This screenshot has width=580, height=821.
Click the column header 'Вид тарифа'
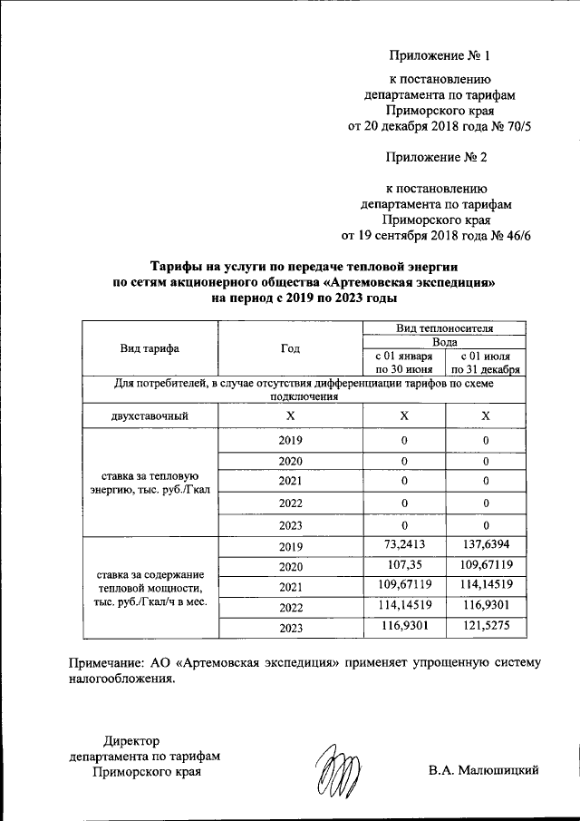pyautogui.click(x=150, y=348)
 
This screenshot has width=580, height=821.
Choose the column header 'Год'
pyautogui.click(x=290, y=348)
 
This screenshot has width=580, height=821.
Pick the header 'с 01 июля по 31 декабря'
pyautogui.click(x=486, y=363)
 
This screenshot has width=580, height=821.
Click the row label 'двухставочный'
pyautogui.click(x=150, y=415)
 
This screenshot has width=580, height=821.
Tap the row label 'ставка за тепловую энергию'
pyautogui.click(x=150, y=484)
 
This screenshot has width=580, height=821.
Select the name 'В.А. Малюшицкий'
pyautogui.click(x=484, y=771)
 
